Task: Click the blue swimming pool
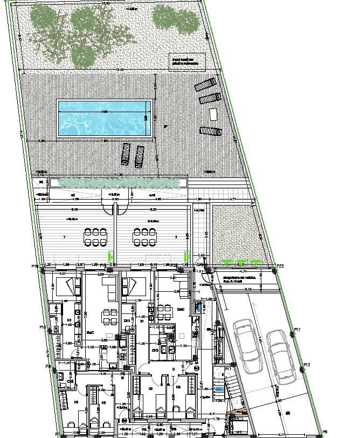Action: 102,118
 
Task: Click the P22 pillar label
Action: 280,265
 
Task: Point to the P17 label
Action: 297,331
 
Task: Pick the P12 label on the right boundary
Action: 307,365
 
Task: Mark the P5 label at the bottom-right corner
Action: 324,432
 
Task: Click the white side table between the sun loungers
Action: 212,114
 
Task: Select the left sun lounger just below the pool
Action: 126,154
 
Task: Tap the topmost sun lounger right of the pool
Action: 205,85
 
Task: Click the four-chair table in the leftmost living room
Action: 109,313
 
